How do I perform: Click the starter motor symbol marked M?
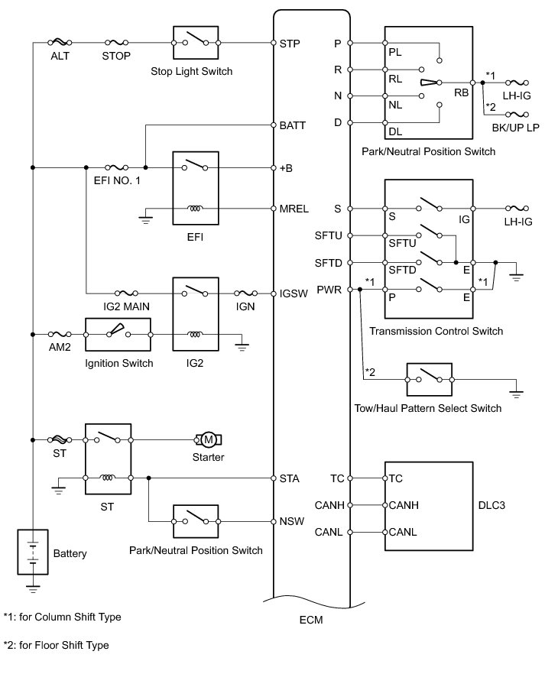[x=209, y=439]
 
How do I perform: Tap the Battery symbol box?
[x=33, y=552]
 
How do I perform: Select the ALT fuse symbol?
[x=60, y=43]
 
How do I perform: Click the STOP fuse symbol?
[x=116, y=43]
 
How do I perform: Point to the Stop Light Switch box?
[x=196, y=43]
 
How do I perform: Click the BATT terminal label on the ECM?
[x=292, y=125]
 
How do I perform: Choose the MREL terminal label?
[x=294, y=209]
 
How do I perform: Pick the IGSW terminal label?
[x=294, y=293]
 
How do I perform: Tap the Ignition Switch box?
[x=118, y=335]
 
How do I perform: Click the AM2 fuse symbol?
[x=60, y=334]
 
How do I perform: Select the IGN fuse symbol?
[x=246, y=293]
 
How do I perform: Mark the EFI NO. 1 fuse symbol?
[x=116, y=167]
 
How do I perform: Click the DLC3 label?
[x=491, y=505]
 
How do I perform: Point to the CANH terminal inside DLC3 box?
[x=404, y=505]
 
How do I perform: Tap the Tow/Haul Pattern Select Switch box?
[x=430, y=380]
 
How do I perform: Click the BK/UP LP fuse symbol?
[x=517, y=115]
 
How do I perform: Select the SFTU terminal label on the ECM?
[x=329, y=235]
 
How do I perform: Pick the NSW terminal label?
[x=292, y=521]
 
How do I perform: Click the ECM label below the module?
[x=311, y=620]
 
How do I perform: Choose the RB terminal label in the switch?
[x=462, y=92]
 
